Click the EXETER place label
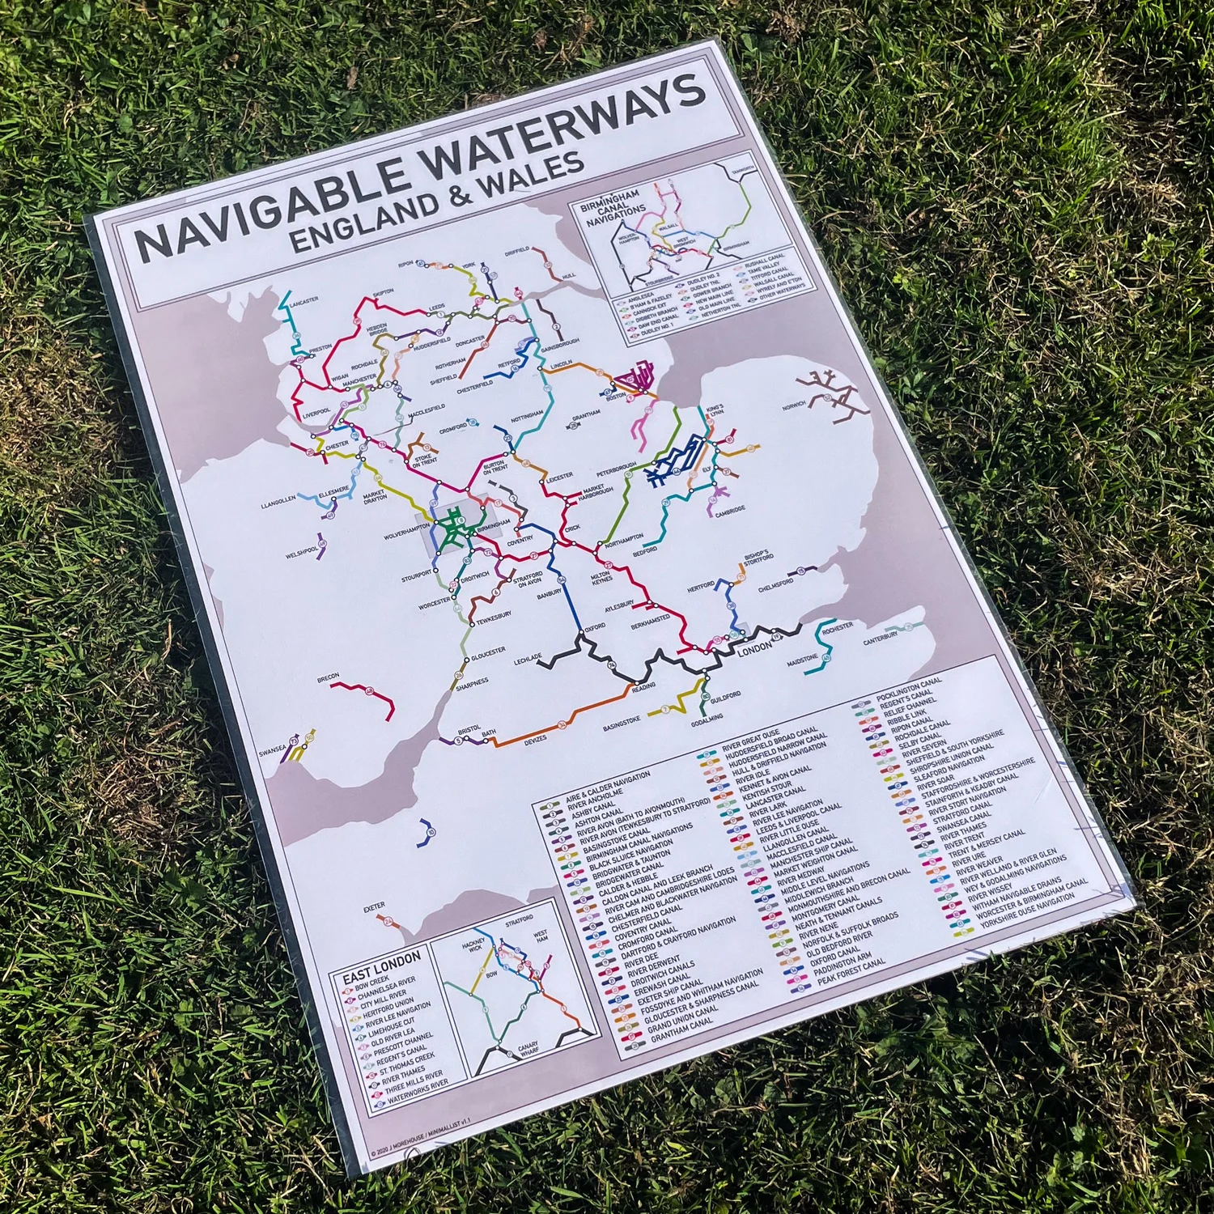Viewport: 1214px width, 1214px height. pos(374,908)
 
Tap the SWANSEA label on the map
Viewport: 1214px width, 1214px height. pos(272,750)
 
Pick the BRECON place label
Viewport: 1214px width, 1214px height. pos(328,677)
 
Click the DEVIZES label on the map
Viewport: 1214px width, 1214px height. pos(535,738)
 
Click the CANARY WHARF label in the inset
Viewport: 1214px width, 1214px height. pos(528,1049)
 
